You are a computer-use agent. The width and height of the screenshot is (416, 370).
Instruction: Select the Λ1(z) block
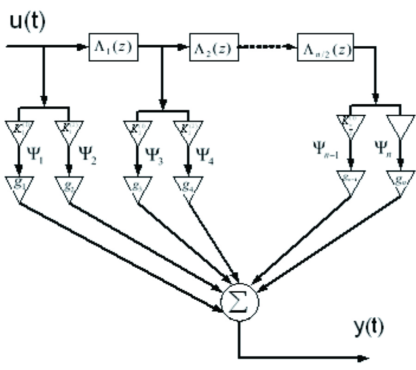[x=113, y=47]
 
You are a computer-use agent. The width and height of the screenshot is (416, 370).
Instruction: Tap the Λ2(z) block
[x=214, y=47]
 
